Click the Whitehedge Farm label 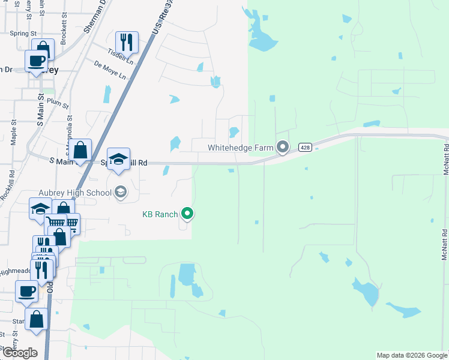click(241, 147)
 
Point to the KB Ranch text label click(160, 214)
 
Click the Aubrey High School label click(75, 193)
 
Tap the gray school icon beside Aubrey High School click(120, 192)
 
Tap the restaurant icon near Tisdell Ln click(126, 41)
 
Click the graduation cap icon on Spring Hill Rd click(119, 159)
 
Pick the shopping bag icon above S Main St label click(80, 149)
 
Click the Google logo click(19, 353)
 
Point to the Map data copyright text click(412, 355)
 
